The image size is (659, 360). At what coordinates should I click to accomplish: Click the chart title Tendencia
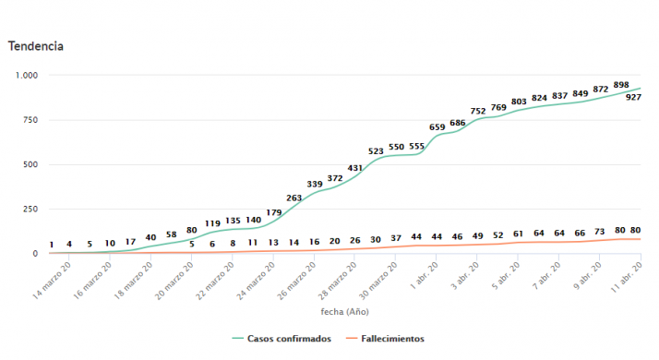(x=36, y=45)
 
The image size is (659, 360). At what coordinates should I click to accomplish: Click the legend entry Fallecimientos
(x=392, y=339)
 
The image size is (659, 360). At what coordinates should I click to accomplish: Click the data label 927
(x=634, y=97)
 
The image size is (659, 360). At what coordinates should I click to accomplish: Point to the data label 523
(x=377, y=150)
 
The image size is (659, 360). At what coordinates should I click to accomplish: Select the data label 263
(x=294, y=198)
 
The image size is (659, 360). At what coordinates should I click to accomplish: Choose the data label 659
(x=437, y=126)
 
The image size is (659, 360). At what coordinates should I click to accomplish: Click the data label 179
(x=274, y=212)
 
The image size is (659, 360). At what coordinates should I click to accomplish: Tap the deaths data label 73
(x=600, y=232)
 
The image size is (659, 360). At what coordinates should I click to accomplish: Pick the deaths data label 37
(x=396, y=238)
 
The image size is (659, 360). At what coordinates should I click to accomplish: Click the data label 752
(x=478, y=111)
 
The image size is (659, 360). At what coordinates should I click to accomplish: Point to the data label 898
(x=620, y=85)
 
